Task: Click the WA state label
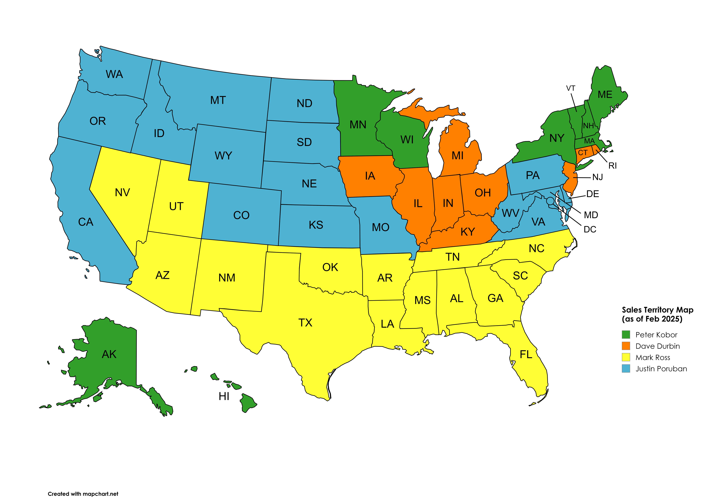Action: pos(114,74)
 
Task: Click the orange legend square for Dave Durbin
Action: pos(626,346)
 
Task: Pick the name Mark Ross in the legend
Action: pos(653,358)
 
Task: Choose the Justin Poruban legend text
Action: pos(661,369)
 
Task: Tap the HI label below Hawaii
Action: pos(224,396)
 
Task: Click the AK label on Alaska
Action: pos(109,354)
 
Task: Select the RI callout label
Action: pos(612,166)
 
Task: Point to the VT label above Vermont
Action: pos(571,88)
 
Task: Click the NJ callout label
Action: pos(597,177)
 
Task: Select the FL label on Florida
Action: pos(526,355)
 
